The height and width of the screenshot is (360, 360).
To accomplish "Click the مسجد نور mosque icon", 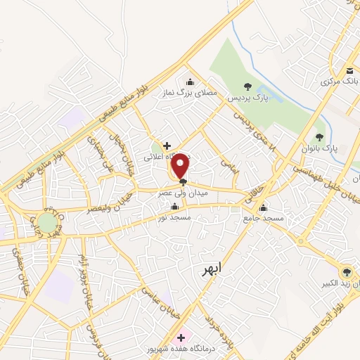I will point(175,206).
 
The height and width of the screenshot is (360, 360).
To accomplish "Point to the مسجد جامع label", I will point(266,219).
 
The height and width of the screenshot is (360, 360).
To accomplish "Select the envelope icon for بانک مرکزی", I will point(349,71).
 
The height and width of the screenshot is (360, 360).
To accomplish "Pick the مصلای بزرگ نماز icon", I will point(188,80).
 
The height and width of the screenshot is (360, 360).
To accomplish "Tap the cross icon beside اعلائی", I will point(166,146).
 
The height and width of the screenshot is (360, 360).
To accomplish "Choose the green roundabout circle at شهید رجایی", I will point(47,223).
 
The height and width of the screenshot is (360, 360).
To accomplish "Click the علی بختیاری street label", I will point(96,149).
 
